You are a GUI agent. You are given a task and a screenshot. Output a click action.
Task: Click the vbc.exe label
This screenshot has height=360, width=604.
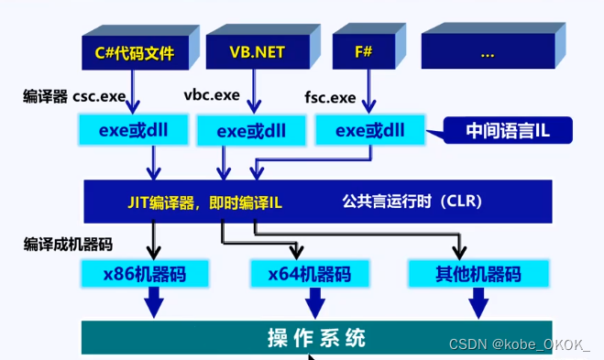[212, 94]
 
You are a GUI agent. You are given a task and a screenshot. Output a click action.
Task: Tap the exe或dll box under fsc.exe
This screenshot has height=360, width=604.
[370, 130]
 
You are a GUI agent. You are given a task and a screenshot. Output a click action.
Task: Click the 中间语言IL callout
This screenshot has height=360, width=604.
[509, 131]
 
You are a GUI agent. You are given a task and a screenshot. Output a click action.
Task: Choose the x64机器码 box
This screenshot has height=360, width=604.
[309, 273]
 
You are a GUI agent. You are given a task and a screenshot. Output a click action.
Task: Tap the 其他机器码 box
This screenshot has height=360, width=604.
[478, 273]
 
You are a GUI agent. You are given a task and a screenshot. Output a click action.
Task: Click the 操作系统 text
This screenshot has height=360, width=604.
[317, 337]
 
